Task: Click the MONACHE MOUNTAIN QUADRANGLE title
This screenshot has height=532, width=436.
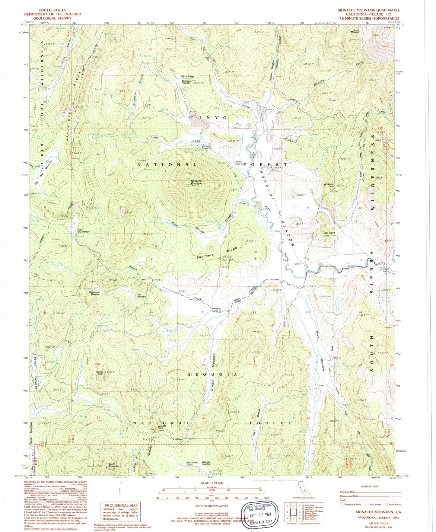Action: point(369,10)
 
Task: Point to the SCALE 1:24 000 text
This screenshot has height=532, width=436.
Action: point(212,483)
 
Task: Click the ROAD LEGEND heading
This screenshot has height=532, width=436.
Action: point(370,486)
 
